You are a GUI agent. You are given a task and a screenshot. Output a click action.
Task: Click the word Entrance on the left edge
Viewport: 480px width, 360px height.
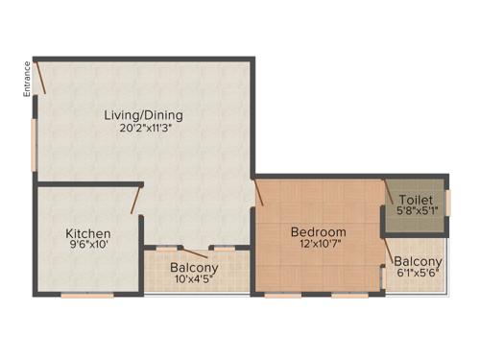pos(28,78)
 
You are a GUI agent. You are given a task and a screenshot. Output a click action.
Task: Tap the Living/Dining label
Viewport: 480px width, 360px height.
pos(144,115)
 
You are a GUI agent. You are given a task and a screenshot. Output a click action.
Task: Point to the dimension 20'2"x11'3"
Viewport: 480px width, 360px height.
pos(144,128)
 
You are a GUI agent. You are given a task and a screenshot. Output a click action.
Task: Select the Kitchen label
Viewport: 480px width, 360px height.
pos(87,233)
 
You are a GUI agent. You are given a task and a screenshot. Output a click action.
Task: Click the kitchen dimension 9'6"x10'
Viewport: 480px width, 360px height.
pos(87,246)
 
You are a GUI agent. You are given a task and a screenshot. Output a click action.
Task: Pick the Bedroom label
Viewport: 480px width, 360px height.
pos(320,231)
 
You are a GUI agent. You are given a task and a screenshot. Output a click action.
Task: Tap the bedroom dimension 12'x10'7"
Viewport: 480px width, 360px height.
pos(320,244)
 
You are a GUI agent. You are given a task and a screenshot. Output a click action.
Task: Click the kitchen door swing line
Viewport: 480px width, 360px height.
pos(137,200)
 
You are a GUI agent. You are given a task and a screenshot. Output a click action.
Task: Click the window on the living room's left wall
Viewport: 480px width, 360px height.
pos(35,144)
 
